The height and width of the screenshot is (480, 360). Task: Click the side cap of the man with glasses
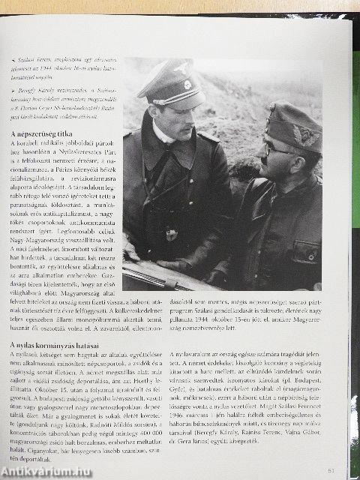[x=293, y=127]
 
